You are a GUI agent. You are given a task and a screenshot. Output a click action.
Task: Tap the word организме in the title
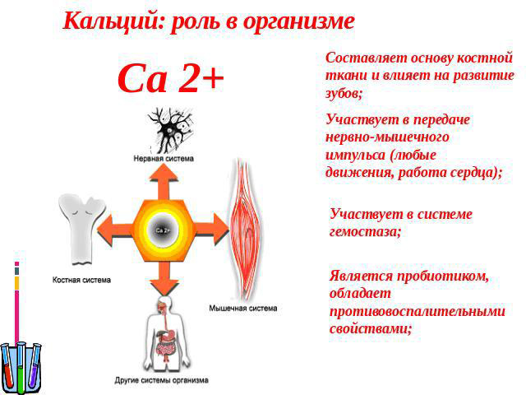298,23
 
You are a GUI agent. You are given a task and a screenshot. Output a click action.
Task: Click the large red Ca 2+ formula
170,79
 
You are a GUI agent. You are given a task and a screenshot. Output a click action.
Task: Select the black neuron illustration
170,130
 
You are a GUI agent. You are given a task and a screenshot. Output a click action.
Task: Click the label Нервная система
164,158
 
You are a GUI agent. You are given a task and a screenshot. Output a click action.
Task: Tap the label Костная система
81,280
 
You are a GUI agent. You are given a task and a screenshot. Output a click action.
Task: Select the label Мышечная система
243,308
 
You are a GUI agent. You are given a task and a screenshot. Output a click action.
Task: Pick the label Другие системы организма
162,380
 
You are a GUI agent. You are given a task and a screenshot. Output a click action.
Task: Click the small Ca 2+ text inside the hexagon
163,230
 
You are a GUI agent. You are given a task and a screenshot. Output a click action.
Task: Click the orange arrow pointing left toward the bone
115,231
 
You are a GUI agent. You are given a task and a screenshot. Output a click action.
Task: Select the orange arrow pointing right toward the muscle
212,230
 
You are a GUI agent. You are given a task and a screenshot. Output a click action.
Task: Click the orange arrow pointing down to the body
164,278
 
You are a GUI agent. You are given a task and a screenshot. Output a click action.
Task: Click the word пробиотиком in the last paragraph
443,276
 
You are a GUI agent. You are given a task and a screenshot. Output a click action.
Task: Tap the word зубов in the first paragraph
344,93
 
